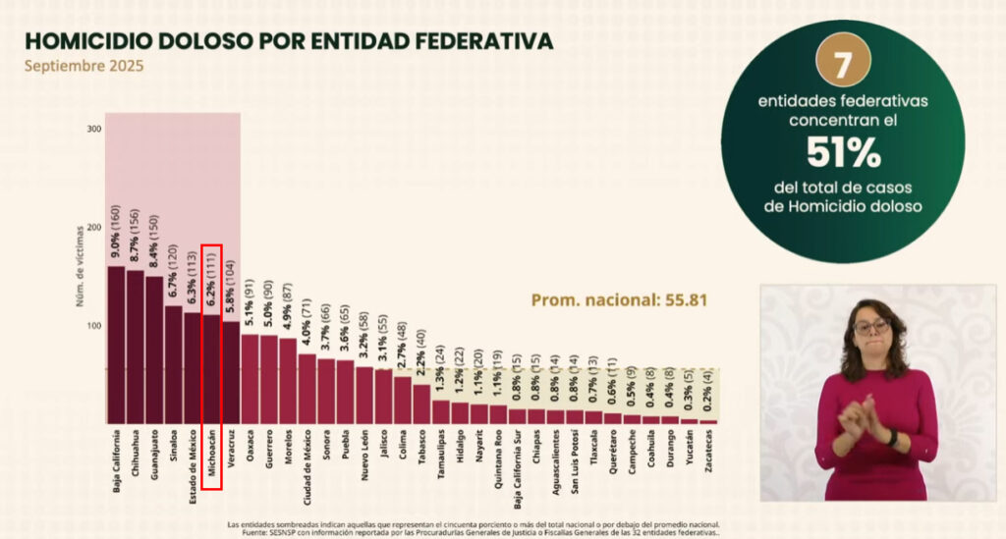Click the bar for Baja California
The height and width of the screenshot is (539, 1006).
[116, 344]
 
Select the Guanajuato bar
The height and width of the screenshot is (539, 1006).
[154, 349]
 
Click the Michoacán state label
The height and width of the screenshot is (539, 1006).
[212, 457]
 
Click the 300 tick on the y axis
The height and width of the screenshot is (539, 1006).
[94, 130]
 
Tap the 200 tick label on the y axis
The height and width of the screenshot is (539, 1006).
[94, 228]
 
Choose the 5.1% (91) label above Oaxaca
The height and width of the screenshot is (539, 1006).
[251, 304]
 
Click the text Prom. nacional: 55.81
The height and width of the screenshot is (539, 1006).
[619, 299]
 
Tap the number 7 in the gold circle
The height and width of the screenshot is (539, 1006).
[842, 66]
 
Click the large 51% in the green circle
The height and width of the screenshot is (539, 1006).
[842, 152]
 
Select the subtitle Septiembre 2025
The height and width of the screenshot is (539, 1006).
[84, 67]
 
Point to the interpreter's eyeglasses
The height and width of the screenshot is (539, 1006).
[870, 325]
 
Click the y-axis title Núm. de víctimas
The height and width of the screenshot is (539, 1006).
[79, 266]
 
